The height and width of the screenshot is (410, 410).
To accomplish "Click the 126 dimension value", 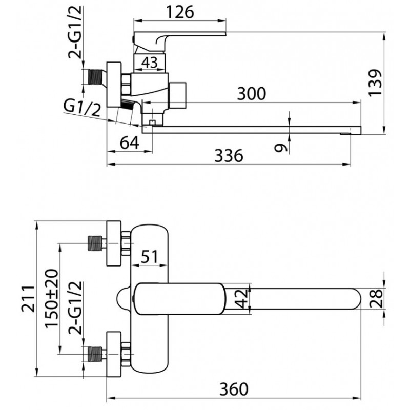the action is pos(180,12).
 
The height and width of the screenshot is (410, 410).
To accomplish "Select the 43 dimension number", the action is pos(150,63).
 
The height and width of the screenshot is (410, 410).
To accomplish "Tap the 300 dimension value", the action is pos(251,93).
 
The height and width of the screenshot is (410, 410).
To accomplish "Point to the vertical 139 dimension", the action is pos(375,83).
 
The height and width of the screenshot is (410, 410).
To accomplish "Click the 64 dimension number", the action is pos(130,143).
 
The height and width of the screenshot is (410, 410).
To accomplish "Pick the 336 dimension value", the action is pos(229,156).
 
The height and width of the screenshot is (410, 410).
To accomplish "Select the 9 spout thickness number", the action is pos(280,148).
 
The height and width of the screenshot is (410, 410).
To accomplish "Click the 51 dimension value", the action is pos(150,257).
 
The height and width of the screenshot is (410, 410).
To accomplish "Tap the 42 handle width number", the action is pos(241,298).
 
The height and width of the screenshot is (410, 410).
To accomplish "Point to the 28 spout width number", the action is pos(376,298).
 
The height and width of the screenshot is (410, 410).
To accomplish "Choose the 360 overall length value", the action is pos(234,389).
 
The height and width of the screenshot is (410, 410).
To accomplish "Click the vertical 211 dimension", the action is pos(28,299).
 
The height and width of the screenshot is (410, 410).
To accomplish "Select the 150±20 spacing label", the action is pos(51,298).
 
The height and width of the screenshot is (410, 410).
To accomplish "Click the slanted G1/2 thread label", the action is pos(82,108).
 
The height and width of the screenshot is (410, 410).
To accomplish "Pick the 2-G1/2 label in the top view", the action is pos(75,309).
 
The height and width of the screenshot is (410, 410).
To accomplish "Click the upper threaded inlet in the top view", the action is pos(94,243).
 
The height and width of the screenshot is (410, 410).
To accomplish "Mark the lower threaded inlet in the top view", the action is pos(94,354).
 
